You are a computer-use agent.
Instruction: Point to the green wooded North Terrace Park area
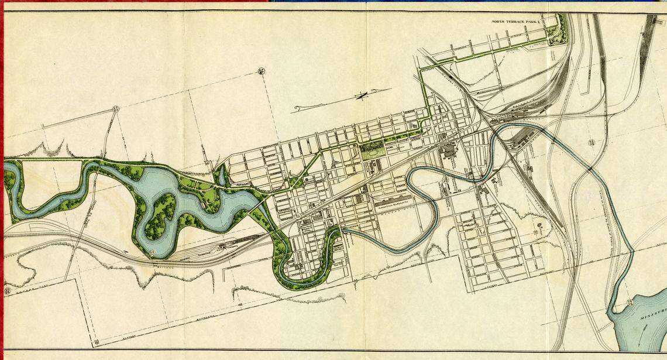[560, 29]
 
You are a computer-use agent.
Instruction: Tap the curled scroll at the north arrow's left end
[298, 108]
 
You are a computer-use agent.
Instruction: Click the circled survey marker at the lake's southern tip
[152, 252]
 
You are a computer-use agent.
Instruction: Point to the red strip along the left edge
[2, 176]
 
